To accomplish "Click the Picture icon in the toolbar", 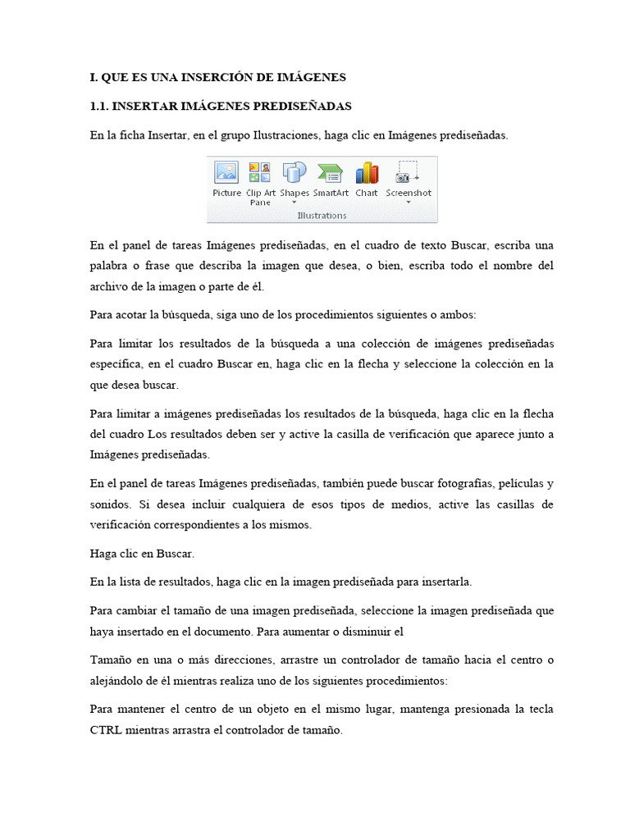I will (x=226, y=172).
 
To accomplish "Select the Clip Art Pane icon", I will (x=260, y=172).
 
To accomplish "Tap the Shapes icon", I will (x=294, y=172).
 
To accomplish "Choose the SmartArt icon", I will (x=330, y=172).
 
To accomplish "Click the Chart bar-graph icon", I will (x=367, y=172).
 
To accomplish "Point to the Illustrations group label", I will (x=322, y=216).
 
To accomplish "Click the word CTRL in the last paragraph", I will (x=105, y=731).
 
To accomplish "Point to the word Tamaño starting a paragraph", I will (x=109, y=660).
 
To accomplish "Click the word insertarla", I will (x=445, y=582).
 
